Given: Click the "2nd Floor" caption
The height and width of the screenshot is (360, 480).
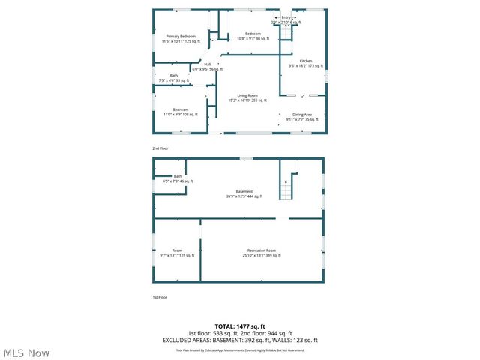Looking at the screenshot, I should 160,148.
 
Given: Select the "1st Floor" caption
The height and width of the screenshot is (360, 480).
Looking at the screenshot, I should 160,297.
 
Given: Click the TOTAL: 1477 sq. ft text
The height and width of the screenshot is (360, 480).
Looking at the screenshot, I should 240,326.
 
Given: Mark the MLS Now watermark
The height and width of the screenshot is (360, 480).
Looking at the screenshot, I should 26,352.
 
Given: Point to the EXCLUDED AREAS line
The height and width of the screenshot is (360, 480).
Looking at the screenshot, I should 240,340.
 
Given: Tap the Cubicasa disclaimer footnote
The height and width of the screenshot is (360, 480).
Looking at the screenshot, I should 240,349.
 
